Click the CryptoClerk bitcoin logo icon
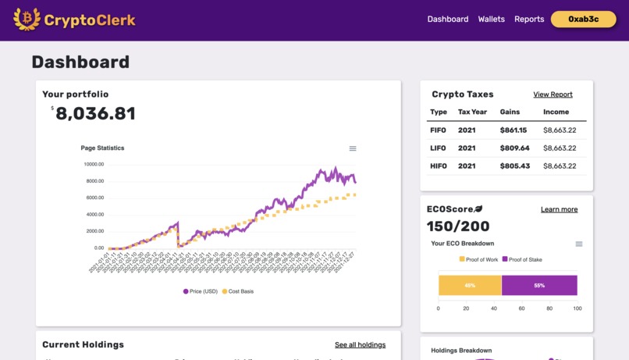click(27, 19)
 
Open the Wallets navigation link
click(491, 20)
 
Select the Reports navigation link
click(529, 20)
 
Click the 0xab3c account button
click(583, 20)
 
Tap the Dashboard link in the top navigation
click(448, 20)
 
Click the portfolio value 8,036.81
click(95, 114)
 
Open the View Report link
click(553, 94)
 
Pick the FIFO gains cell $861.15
click(514, 130)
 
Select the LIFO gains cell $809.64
click(514, 148)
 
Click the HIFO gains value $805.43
click(514, 166)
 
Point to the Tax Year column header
click(472, 112)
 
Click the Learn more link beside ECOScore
click(559, 209)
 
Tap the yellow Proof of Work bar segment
click(470, 286)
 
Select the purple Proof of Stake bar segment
click(539, 286)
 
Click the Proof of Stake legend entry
click(522, 259)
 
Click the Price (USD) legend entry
click(201, 291)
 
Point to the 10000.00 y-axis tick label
click(94, 165)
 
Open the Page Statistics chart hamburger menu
click(353, 148)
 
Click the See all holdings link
click(360, 345)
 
